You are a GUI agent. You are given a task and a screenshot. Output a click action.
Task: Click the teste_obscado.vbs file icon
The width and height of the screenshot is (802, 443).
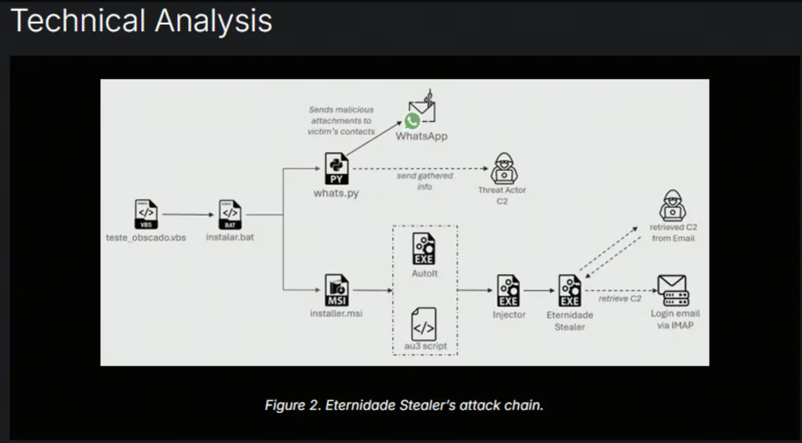coord(146,214)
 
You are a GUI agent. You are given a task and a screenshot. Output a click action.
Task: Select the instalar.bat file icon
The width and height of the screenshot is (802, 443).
coord(230,214)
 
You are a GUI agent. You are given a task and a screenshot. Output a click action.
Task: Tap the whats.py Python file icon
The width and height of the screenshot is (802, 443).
coord(337,169)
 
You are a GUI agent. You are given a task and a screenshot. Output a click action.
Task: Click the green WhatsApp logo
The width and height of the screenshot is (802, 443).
coord(412,121)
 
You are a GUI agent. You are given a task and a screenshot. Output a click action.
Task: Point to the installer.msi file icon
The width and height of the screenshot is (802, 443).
coord(337,290)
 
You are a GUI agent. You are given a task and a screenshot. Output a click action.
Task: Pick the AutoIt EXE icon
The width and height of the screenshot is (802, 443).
coord(424,249)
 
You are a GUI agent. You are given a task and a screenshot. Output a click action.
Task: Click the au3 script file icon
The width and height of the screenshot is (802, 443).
coord(424,324)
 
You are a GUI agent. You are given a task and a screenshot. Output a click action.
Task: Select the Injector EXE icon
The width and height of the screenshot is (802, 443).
coord(508,291)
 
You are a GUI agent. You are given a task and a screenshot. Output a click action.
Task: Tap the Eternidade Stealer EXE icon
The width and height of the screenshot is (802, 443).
coord(570,291)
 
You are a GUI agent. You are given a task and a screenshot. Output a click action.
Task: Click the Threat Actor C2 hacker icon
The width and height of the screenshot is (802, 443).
coord(504,168)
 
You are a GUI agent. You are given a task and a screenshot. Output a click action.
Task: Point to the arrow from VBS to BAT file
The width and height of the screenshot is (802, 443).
coord(188,214)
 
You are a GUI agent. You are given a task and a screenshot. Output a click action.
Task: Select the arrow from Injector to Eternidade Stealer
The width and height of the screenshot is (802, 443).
coord(539,291)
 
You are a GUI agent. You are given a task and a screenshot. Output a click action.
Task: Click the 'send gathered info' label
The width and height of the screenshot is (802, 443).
coord(424,181)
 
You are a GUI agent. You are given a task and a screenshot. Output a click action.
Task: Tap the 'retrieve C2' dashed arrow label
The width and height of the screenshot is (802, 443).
coord(620,299)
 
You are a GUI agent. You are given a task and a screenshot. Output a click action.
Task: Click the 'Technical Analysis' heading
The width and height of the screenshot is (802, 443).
coord(141,21)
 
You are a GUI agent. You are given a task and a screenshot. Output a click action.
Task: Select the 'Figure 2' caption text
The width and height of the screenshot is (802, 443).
coord(404,405)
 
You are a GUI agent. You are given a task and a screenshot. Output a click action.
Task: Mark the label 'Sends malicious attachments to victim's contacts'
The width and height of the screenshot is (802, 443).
coord(341,121)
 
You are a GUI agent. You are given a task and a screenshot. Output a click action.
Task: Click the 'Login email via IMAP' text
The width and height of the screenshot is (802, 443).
coord(675,319)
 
